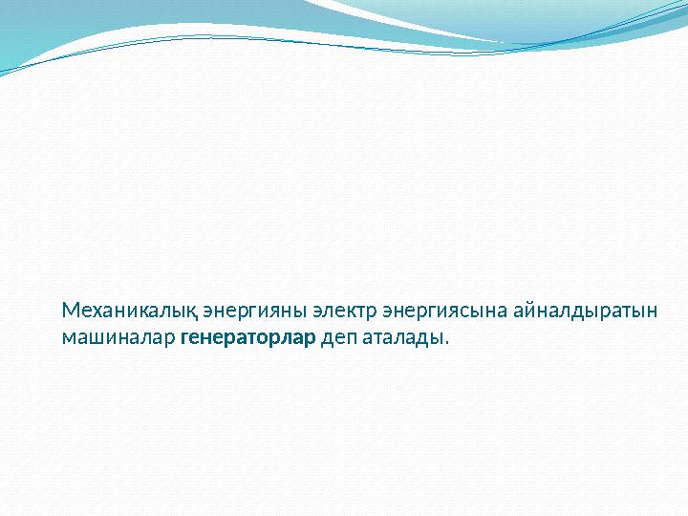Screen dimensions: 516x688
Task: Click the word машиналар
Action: coord(118,338)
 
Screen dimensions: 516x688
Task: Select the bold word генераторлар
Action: coord(247,338)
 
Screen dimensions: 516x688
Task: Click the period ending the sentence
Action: coord(444,344)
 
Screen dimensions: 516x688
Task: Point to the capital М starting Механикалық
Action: coord(69,312)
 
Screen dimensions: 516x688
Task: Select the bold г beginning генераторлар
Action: coord(184,339)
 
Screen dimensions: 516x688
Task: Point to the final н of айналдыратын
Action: coord(652,312)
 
